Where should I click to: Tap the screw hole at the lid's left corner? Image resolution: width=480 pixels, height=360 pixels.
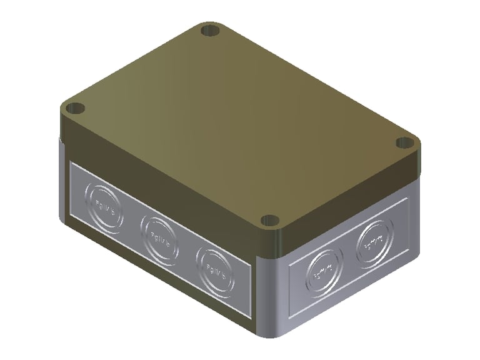pyautogui.click(x=76, y=108)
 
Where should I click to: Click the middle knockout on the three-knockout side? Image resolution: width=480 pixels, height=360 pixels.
pyautogui.click(x=159, y=236)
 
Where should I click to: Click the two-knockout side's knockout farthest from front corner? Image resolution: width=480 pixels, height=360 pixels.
pyautogui.click(x=373, y=241)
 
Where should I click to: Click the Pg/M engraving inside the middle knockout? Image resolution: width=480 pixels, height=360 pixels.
pyautogui.click(x=159, y=236)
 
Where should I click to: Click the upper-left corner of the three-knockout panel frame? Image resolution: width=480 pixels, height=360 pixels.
pyautogui.click(x=71, y=164)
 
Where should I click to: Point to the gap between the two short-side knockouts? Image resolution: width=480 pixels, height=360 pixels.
pyautogui.click(x=347, y=256)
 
